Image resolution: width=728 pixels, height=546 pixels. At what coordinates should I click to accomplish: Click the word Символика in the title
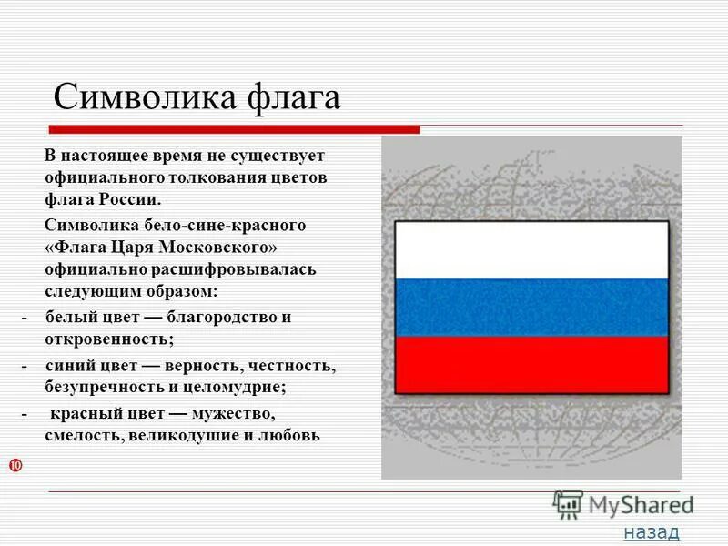click(146, 96)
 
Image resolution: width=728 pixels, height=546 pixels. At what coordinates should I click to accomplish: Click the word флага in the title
click(293, 96)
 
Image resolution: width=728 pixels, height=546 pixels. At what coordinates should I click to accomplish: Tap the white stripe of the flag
click(531, 249)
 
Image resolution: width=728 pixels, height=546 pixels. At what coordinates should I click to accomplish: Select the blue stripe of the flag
click(531, 308)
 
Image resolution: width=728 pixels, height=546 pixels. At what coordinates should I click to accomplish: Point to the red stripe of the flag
click(531, 365)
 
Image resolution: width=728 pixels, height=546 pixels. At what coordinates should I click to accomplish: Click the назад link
click(651, 531)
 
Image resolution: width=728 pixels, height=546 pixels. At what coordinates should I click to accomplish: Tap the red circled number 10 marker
click(15, 466)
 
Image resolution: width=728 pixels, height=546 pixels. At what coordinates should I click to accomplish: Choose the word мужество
click(231, 414)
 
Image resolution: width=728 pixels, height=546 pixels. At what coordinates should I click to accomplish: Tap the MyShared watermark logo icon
click(568, 504)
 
